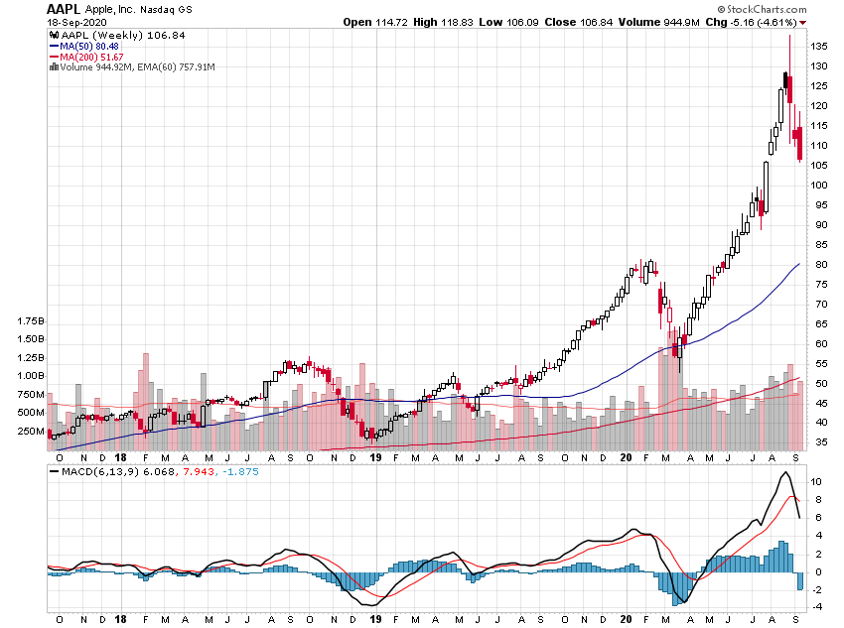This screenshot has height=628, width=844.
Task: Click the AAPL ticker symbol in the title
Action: tap(65, 8)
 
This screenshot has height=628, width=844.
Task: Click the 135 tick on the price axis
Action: tap(819, 46)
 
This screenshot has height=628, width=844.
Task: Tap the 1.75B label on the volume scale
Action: tap(32, 322)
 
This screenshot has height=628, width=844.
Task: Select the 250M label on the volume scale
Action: tap(32, 431)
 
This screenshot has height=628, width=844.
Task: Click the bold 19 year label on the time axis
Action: tap(376, 457)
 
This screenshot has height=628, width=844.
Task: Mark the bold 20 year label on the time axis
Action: tap(627, 457)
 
